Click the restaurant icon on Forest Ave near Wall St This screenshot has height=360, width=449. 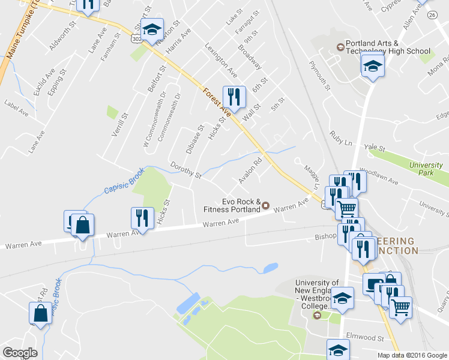tap(234, 98)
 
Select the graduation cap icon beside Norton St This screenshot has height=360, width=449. tap(152, 29)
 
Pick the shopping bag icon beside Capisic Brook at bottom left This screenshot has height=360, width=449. tap(40, 313)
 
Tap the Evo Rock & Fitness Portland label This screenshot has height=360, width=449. tap(232, 206)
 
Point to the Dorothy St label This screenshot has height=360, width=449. tap(185, 170)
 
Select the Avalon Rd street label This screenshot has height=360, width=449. tap(250, 170)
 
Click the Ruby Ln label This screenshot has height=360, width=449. tap(340, 140)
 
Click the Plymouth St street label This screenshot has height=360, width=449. tap(320, 75)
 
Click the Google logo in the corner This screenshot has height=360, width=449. tap(20, 353)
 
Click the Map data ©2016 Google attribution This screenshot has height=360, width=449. tap(412, 355)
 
